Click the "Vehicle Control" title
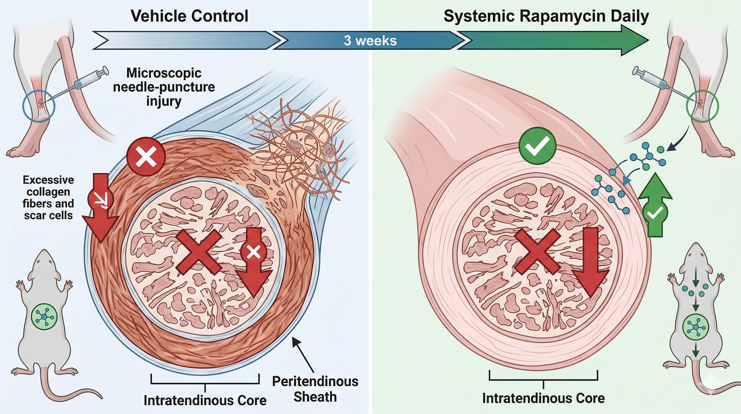(x=189, y=16)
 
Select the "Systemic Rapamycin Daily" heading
(x=546, y=16)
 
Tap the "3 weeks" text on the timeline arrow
(x=370, y=41)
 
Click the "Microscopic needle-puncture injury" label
(x=164, y=87)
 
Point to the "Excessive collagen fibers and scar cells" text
(x=48, y=198)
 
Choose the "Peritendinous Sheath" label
(x=315, y=389)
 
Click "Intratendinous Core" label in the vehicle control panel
(x=205, y=400)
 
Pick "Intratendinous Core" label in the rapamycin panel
(x=543, y=398)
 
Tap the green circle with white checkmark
(x=537, y=146)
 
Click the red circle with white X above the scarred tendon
(x=146, y=156)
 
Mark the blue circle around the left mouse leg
(x=39, y=106)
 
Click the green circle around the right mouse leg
(x=702, y=106)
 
